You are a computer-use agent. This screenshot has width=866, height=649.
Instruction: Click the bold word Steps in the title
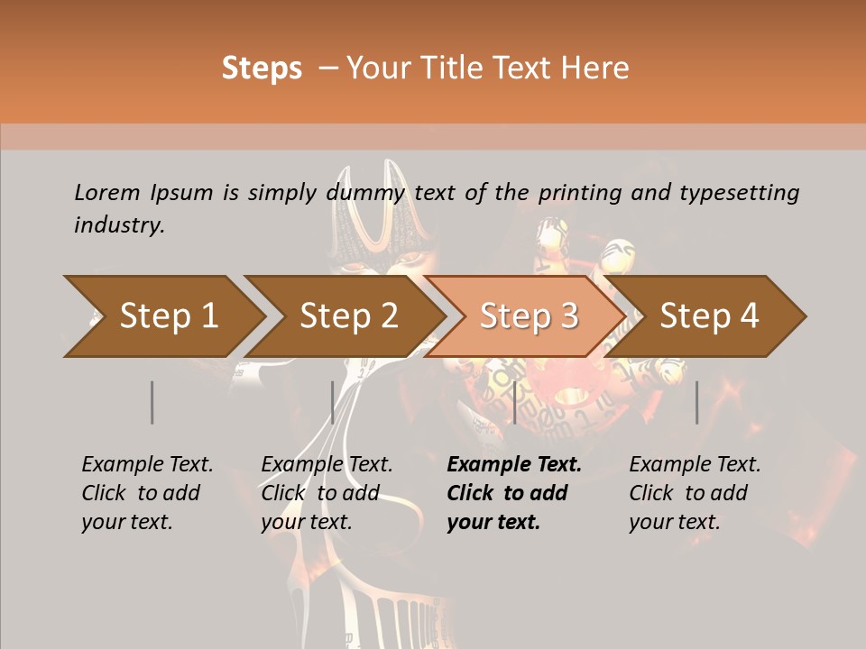tap(262, 69)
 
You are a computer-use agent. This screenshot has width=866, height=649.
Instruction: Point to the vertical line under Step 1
tap(152, 402)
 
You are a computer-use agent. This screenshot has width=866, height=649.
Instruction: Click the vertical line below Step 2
tap(333, 402)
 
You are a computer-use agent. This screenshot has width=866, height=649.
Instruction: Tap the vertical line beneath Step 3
tap(514, 402)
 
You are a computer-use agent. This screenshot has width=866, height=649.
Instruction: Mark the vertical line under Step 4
tap(697, 402)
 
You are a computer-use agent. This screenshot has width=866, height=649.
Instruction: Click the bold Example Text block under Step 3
tap(514, 493)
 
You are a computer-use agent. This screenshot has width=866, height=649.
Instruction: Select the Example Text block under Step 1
tap(147, 493)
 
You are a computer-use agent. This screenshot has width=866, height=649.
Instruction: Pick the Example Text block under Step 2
tap(327, 493)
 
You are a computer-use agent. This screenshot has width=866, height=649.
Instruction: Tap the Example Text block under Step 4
tap(695, 493)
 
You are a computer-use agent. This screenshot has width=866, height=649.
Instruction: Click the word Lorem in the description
tap(107, 193)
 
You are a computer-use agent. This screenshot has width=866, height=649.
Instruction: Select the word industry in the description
tap(118, 225)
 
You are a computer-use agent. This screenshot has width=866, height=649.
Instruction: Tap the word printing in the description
tap(577, 193)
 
